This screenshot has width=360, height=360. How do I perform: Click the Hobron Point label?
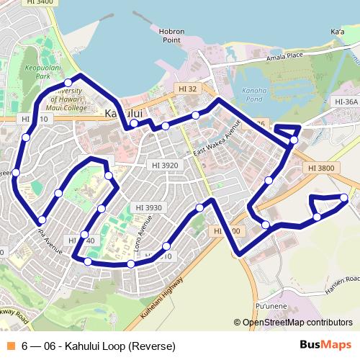pos(172,35)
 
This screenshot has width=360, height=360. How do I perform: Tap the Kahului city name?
pos(124,114)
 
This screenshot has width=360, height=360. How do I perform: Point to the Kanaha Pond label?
pos(255,94)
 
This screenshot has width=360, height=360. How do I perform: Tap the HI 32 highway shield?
pos(186,89)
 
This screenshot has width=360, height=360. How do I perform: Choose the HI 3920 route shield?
pos(165,165)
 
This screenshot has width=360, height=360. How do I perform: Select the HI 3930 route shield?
pos(148,207)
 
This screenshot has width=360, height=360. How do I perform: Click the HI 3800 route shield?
pos(320,168)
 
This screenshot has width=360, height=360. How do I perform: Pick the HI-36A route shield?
pos(346,102)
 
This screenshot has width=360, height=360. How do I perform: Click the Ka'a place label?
pos(336,32)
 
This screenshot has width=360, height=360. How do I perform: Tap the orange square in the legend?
pos(10,346)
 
